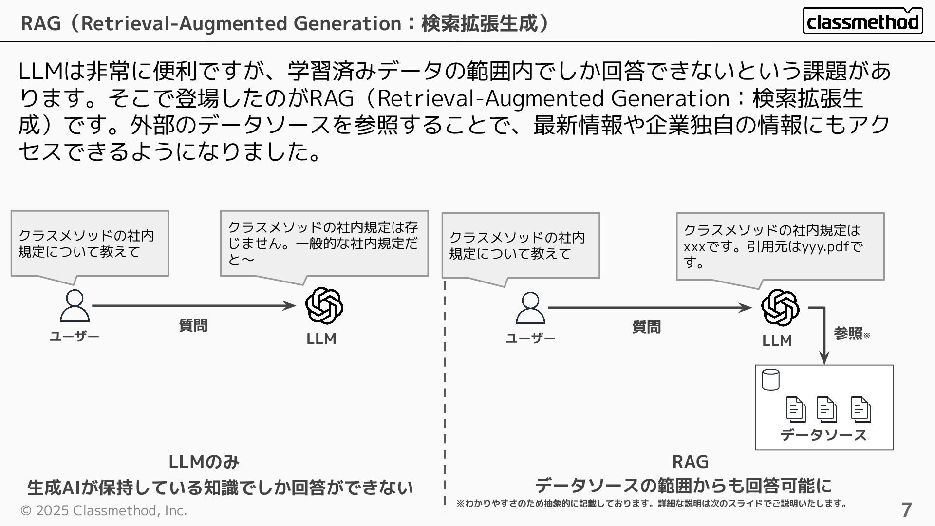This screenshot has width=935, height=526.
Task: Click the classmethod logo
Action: click(862, 21)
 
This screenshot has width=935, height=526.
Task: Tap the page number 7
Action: click(906, 510)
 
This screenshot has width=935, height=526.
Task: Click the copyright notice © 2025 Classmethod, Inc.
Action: click(104, 510)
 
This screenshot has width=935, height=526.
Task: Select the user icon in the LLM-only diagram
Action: click(75, 306)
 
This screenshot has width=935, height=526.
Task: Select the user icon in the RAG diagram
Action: click(530, 308)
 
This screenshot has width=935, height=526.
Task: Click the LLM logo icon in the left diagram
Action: click(324, 306)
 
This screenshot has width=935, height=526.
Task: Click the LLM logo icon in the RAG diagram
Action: click(780, 308)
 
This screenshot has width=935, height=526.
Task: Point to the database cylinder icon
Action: click(770, 380)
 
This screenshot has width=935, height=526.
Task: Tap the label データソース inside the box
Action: click(823, 435)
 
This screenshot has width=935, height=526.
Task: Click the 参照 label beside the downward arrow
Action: click(848, 334)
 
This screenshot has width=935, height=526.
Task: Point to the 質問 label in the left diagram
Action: click(193, 325)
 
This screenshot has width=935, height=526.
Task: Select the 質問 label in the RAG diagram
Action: click(646, 327)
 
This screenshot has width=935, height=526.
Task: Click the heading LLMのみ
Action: click(204, 462)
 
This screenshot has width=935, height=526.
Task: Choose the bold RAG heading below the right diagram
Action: click(690, 462)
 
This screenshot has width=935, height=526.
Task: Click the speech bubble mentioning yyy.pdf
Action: click(780, 246)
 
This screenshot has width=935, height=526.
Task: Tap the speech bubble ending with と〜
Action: click(324, 244)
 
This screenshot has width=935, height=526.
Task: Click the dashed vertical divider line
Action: click(445, 390)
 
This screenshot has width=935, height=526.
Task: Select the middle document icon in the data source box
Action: click(826, 410)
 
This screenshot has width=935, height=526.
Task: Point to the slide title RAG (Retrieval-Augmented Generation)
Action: click(285, 23)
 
